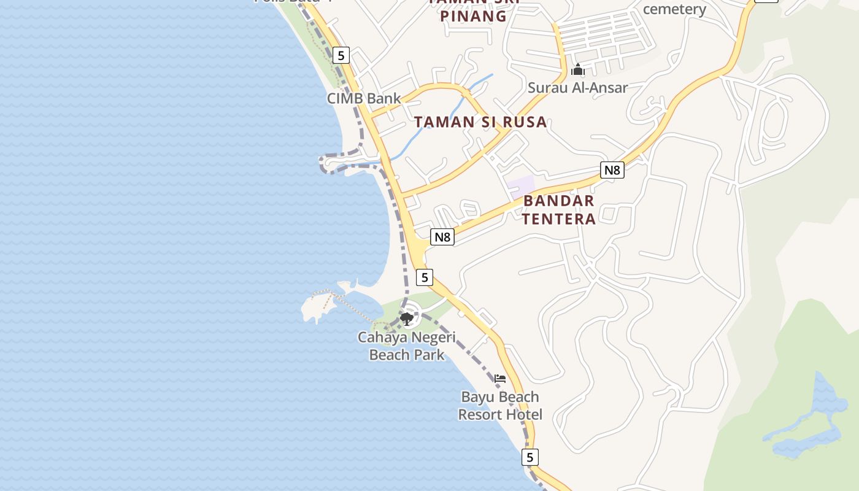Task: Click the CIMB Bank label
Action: pos(363,98)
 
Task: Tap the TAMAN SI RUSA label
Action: pos(480,122)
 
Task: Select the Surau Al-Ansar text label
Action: pos(577,88)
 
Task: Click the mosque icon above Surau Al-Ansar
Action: pos(577,70)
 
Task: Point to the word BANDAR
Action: pos(558,201)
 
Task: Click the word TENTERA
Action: pos(558,219)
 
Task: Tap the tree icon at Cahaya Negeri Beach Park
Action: pos(406,318)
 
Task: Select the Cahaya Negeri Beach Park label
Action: pos(406,346)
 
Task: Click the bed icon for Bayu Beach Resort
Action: pos(500,379)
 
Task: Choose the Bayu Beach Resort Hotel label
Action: pos(500,406)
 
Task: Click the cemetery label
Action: pos(674,9)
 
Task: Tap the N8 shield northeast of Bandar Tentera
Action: pos(612,170)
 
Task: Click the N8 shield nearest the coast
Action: pos(442,237)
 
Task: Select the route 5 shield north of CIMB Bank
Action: pos(341,55)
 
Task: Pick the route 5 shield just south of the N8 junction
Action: pos(424,277)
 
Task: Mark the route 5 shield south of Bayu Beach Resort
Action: pos(530,457)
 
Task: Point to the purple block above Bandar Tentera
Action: pos(521,185)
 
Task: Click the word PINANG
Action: pos(473,17)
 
